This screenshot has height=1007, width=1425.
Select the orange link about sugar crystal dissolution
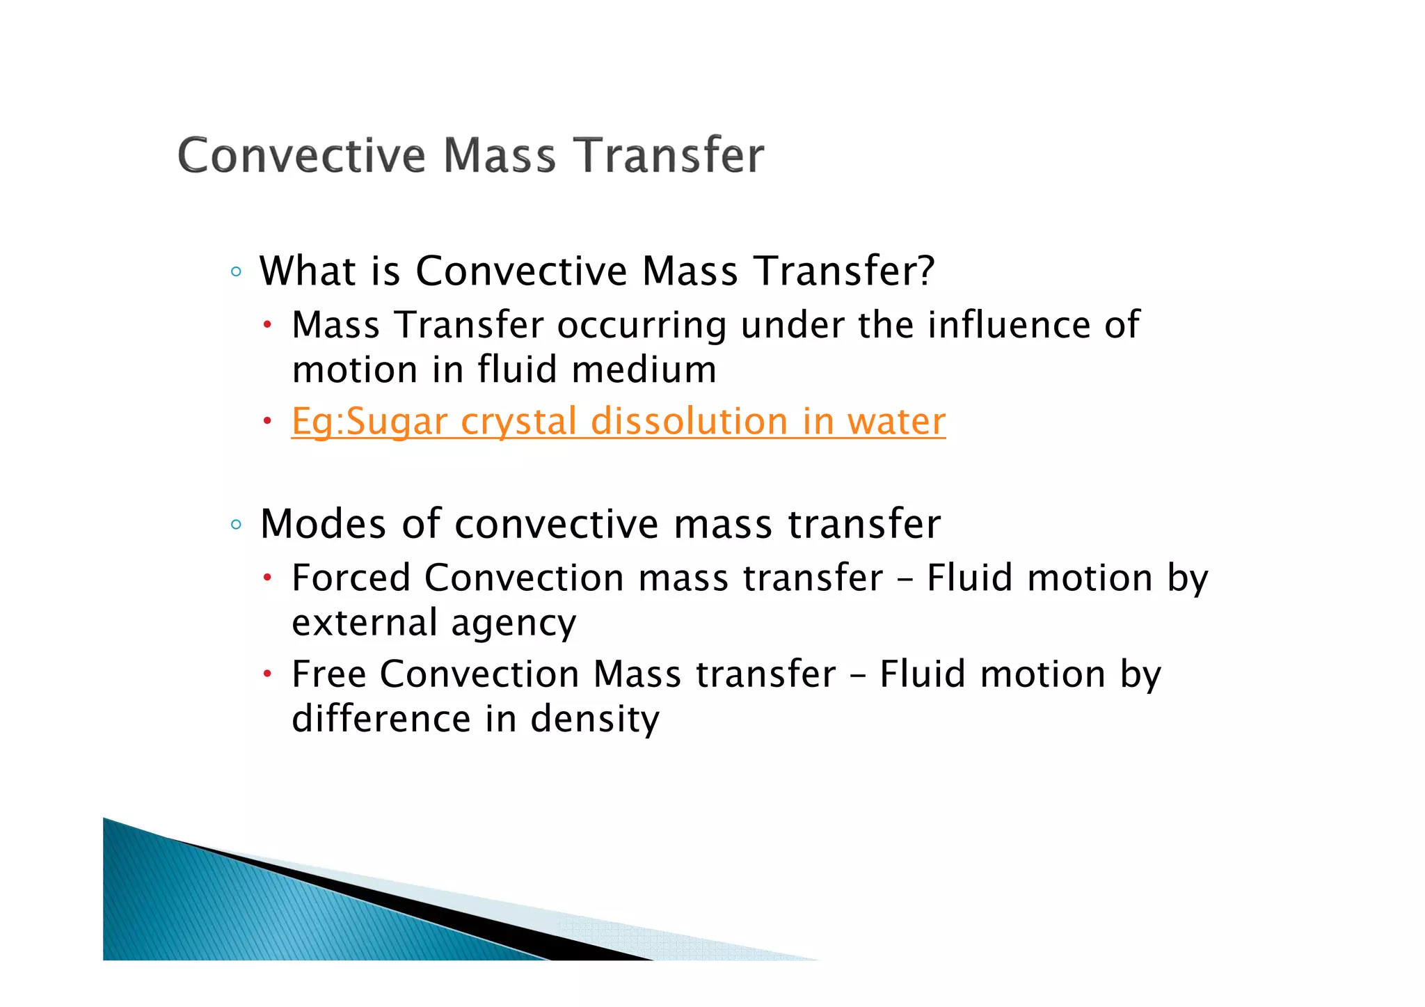618,422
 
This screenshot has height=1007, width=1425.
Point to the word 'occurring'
642,326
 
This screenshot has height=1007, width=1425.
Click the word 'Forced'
351,578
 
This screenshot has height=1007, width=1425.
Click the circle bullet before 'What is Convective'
236,272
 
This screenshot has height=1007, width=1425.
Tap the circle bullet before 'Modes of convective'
236,525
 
